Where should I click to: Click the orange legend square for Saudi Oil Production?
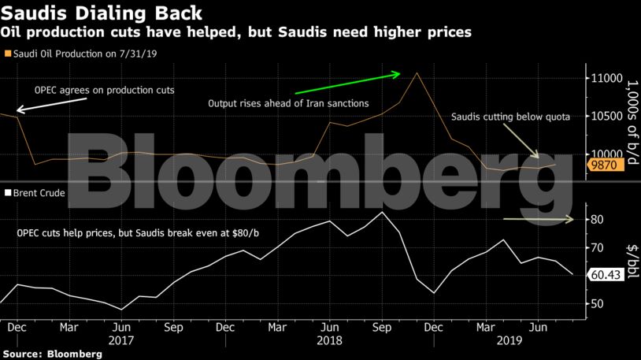[x=7, y=54]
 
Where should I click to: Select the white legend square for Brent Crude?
[x=7, y=192]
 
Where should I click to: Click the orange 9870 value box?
[x=607, y=165]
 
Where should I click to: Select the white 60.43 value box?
[x=607, y=275]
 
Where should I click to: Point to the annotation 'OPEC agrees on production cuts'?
[x=104, y=91]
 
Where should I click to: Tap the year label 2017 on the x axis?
[x=120, y=340]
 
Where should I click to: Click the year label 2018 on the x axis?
[x=329, y=340]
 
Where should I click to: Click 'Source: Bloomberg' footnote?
[x=52, y=354]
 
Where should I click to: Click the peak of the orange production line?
[x=416, y=72]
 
